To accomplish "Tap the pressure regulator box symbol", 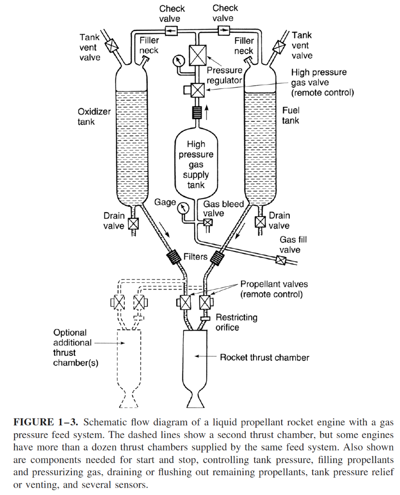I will coord(198,55).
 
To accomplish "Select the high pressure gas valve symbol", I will coord(198,90).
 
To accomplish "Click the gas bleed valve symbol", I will coord(208,222).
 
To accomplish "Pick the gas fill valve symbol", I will coord(280,260).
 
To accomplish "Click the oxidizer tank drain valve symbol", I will coord(132,224).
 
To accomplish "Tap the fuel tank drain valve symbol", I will coord(260,222).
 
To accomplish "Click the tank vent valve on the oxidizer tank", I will coord(112,46).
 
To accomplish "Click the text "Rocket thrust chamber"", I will coord(264,358).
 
